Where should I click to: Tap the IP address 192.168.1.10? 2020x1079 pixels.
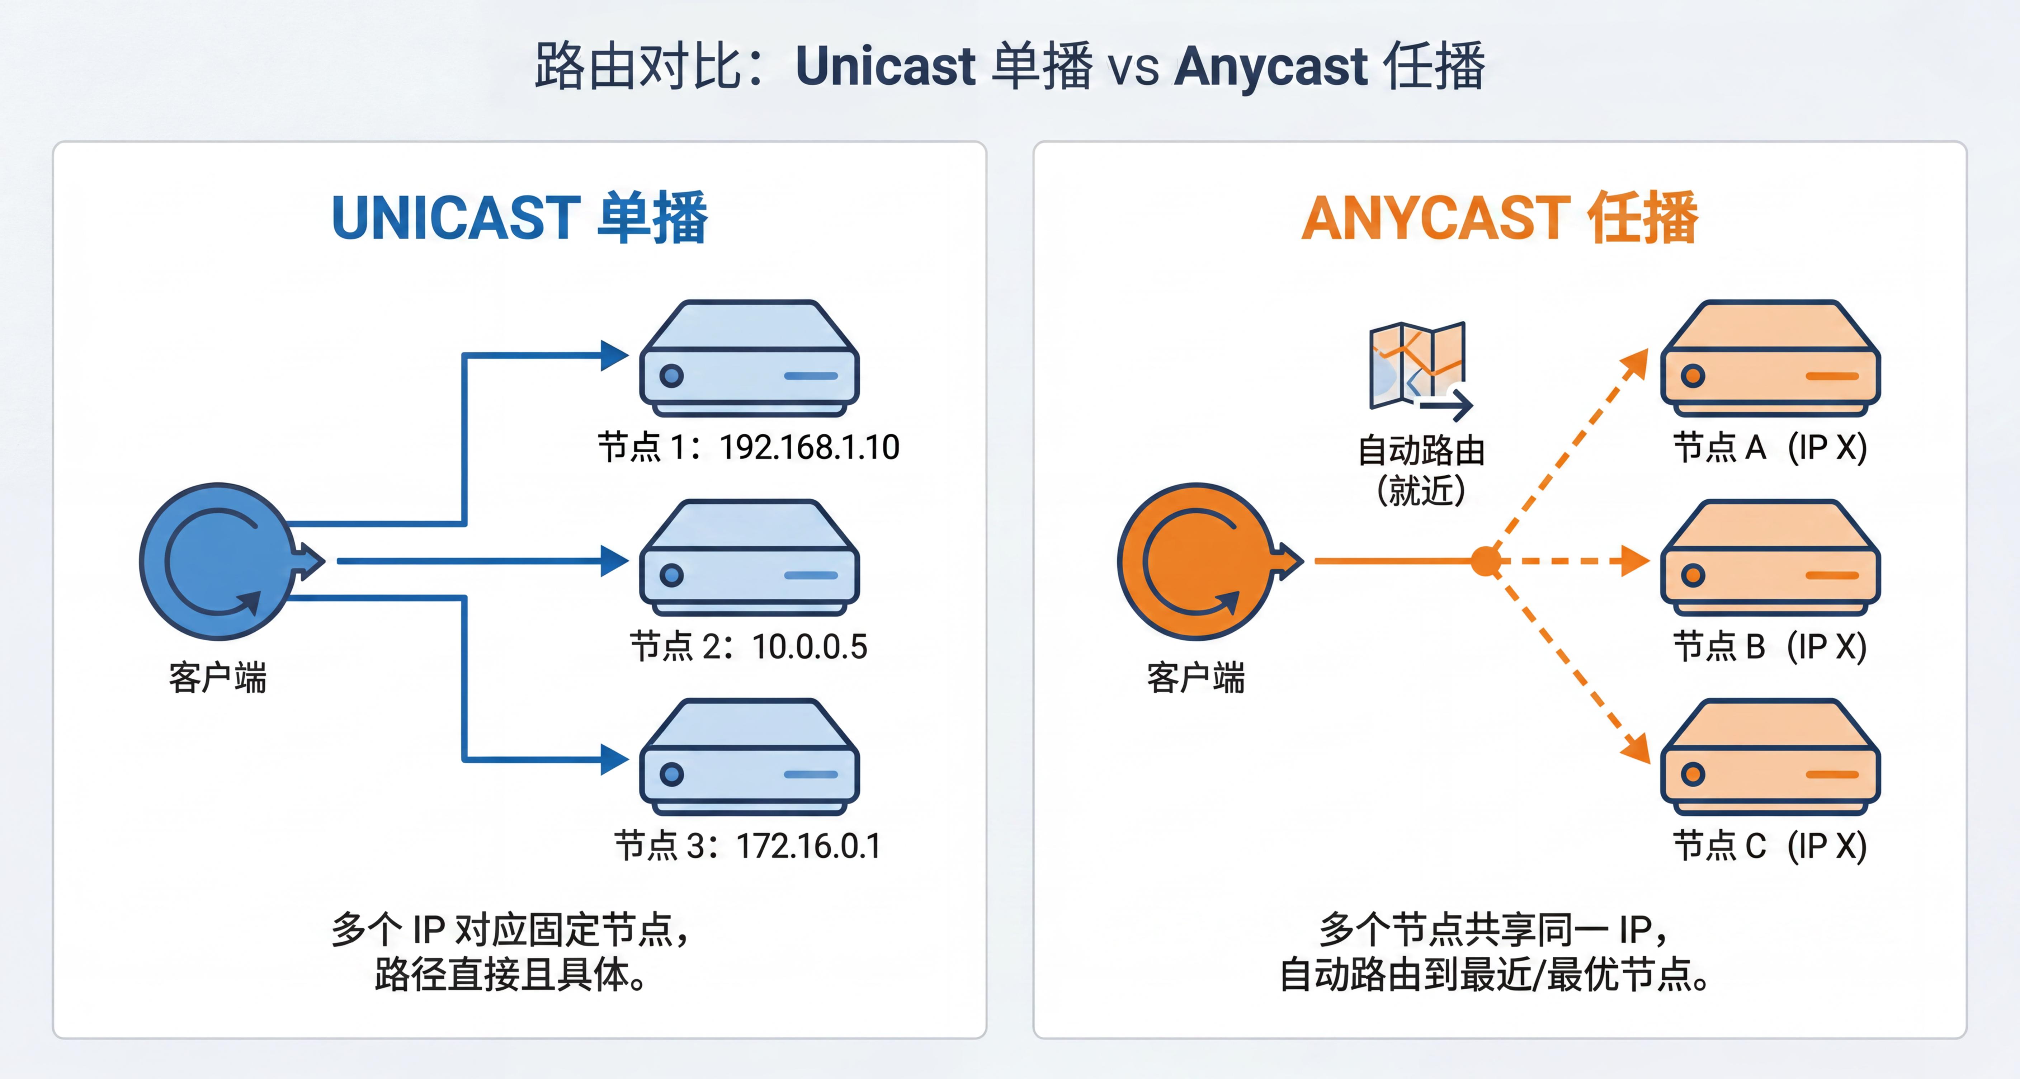click(x=809, y=447)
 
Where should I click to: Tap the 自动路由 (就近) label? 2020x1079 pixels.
click(x=1421, y=471)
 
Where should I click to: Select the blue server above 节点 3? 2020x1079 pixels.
click(x=749, y=757)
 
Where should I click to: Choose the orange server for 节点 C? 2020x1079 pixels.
click(x=1770, y=757)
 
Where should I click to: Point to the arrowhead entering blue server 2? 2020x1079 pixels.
click(x=615, y=561)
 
